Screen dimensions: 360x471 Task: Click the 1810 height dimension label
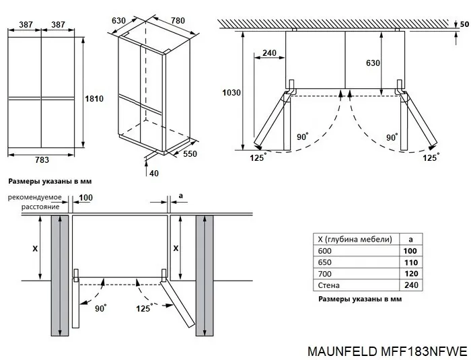click(x=94, y=99)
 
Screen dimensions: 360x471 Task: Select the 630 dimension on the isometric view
click(x=118, y=21)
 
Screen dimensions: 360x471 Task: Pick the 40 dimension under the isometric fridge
click(x=154, y=174)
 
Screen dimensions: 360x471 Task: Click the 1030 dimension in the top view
click(x=231, y=92)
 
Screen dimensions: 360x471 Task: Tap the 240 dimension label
click(x=269, y=53)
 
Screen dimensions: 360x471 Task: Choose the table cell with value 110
click(x=410, y=262)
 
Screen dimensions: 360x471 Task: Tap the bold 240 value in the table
click(x=410, y=285)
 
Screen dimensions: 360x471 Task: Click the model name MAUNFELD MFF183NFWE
click(x=386, y=351)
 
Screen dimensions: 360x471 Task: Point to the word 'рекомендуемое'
click(x=35, y=197)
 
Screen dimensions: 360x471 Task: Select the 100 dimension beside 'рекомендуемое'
click(x=86, y=197)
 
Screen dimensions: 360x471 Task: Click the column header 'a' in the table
click(x=410, y=239)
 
